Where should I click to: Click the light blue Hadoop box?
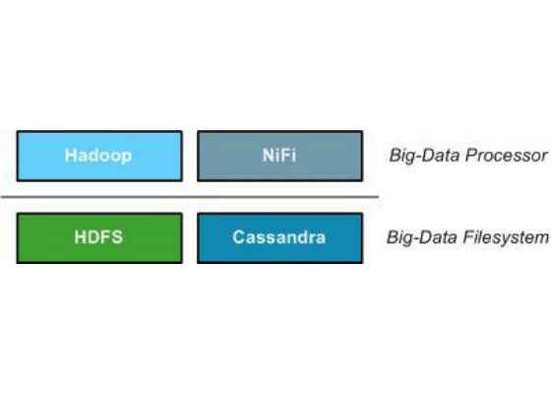click(99, 156)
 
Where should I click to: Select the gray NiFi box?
click(280, 156)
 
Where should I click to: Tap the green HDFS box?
click(99, 238)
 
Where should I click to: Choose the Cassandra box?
click(280, 238)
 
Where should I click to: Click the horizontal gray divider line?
click(190, 197)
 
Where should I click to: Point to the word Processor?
click(507, 156)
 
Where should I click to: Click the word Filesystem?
click(506, 237)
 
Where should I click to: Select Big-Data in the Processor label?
click(425, 156)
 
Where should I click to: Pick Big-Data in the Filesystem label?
click(422, 237)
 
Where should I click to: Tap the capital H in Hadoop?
click(71, 156)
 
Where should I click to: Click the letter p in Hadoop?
click(127, 158)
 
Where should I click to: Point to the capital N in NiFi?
click(269, 156)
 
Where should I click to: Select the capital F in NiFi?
click(285, 156)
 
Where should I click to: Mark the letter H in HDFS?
click(80, 237)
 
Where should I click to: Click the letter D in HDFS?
click(93, 237)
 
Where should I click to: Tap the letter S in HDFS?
click(117, 237)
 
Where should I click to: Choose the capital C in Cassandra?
click(238, 237)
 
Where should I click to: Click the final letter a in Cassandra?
click(321, 238)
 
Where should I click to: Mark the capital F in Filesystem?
click(468, 236)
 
